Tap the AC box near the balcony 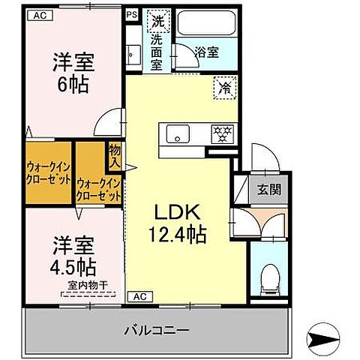[x=139, y=295]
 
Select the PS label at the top [x=132, y=14]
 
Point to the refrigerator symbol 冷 [x=224, y=87]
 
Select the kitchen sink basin [x=178, y=134]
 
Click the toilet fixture [x=268, y=280]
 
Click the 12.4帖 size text [x=177, y=234]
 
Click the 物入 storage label [x=115, y=156]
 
